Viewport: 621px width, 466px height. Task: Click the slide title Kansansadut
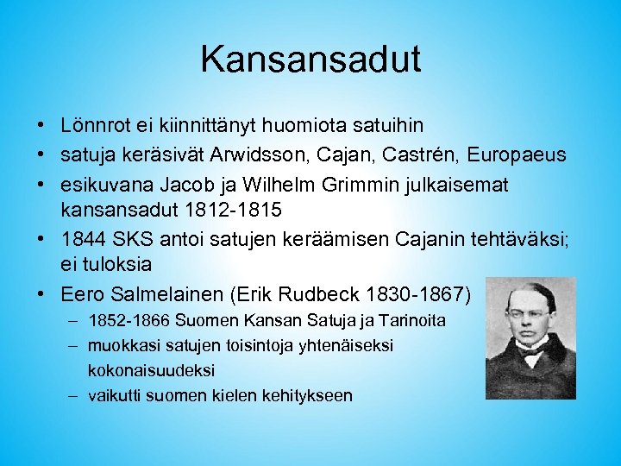[x=310, y=59]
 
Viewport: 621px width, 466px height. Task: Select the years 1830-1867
[x=422, y=295]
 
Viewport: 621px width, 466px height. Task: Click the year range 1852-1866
[x=129, y=321]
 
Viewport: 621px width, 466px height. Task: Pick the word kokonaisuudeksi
[x=151, y=369]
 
